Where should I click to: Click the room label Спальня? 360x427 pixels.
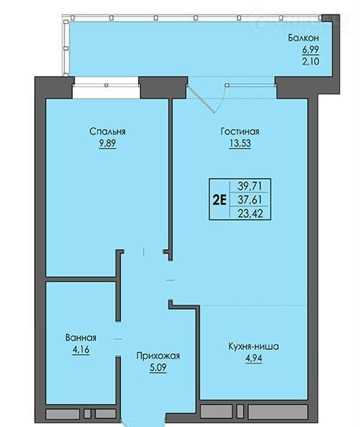point(107,132)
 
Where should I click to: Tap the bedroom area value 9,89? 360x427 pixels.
point(107,143)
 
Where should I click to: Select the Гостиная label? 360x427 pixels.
point(240,132)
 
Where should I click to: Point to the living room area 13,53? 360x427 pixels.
point(240,143)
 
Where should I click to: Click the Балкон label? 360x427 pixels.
point(303,38)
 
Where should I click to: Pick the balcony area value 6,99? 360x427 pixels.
point(311,50)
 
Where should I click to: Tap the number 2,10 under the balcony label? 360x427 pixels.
point(311,62)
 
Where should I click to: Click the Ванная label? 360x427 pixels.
point(81,338)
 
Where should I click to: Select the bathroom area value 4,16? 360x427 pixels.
point(81,349)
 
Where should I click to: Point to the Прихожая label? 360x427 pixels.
point(158,356)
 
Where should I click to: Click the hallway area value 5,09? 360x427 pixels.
point(158,368)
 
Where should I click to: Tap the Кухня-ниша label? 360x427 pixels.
point(253,347)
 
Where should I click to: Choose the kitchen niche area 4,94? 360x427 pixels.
point(253,358)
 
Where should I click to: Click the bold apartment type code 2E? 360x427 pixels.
point(220,200)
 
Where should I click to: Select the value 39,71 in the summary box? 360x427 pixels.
point(250,186)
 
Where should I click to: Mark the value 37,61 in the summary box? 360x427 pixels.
point(250,200)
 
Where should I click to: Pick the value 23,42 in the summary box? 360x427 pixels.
point(250,213)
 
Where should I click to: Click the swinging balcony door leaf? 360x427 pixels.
point(201,99)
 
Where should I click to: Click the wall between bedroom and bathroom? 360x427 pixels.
point(81,279)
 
